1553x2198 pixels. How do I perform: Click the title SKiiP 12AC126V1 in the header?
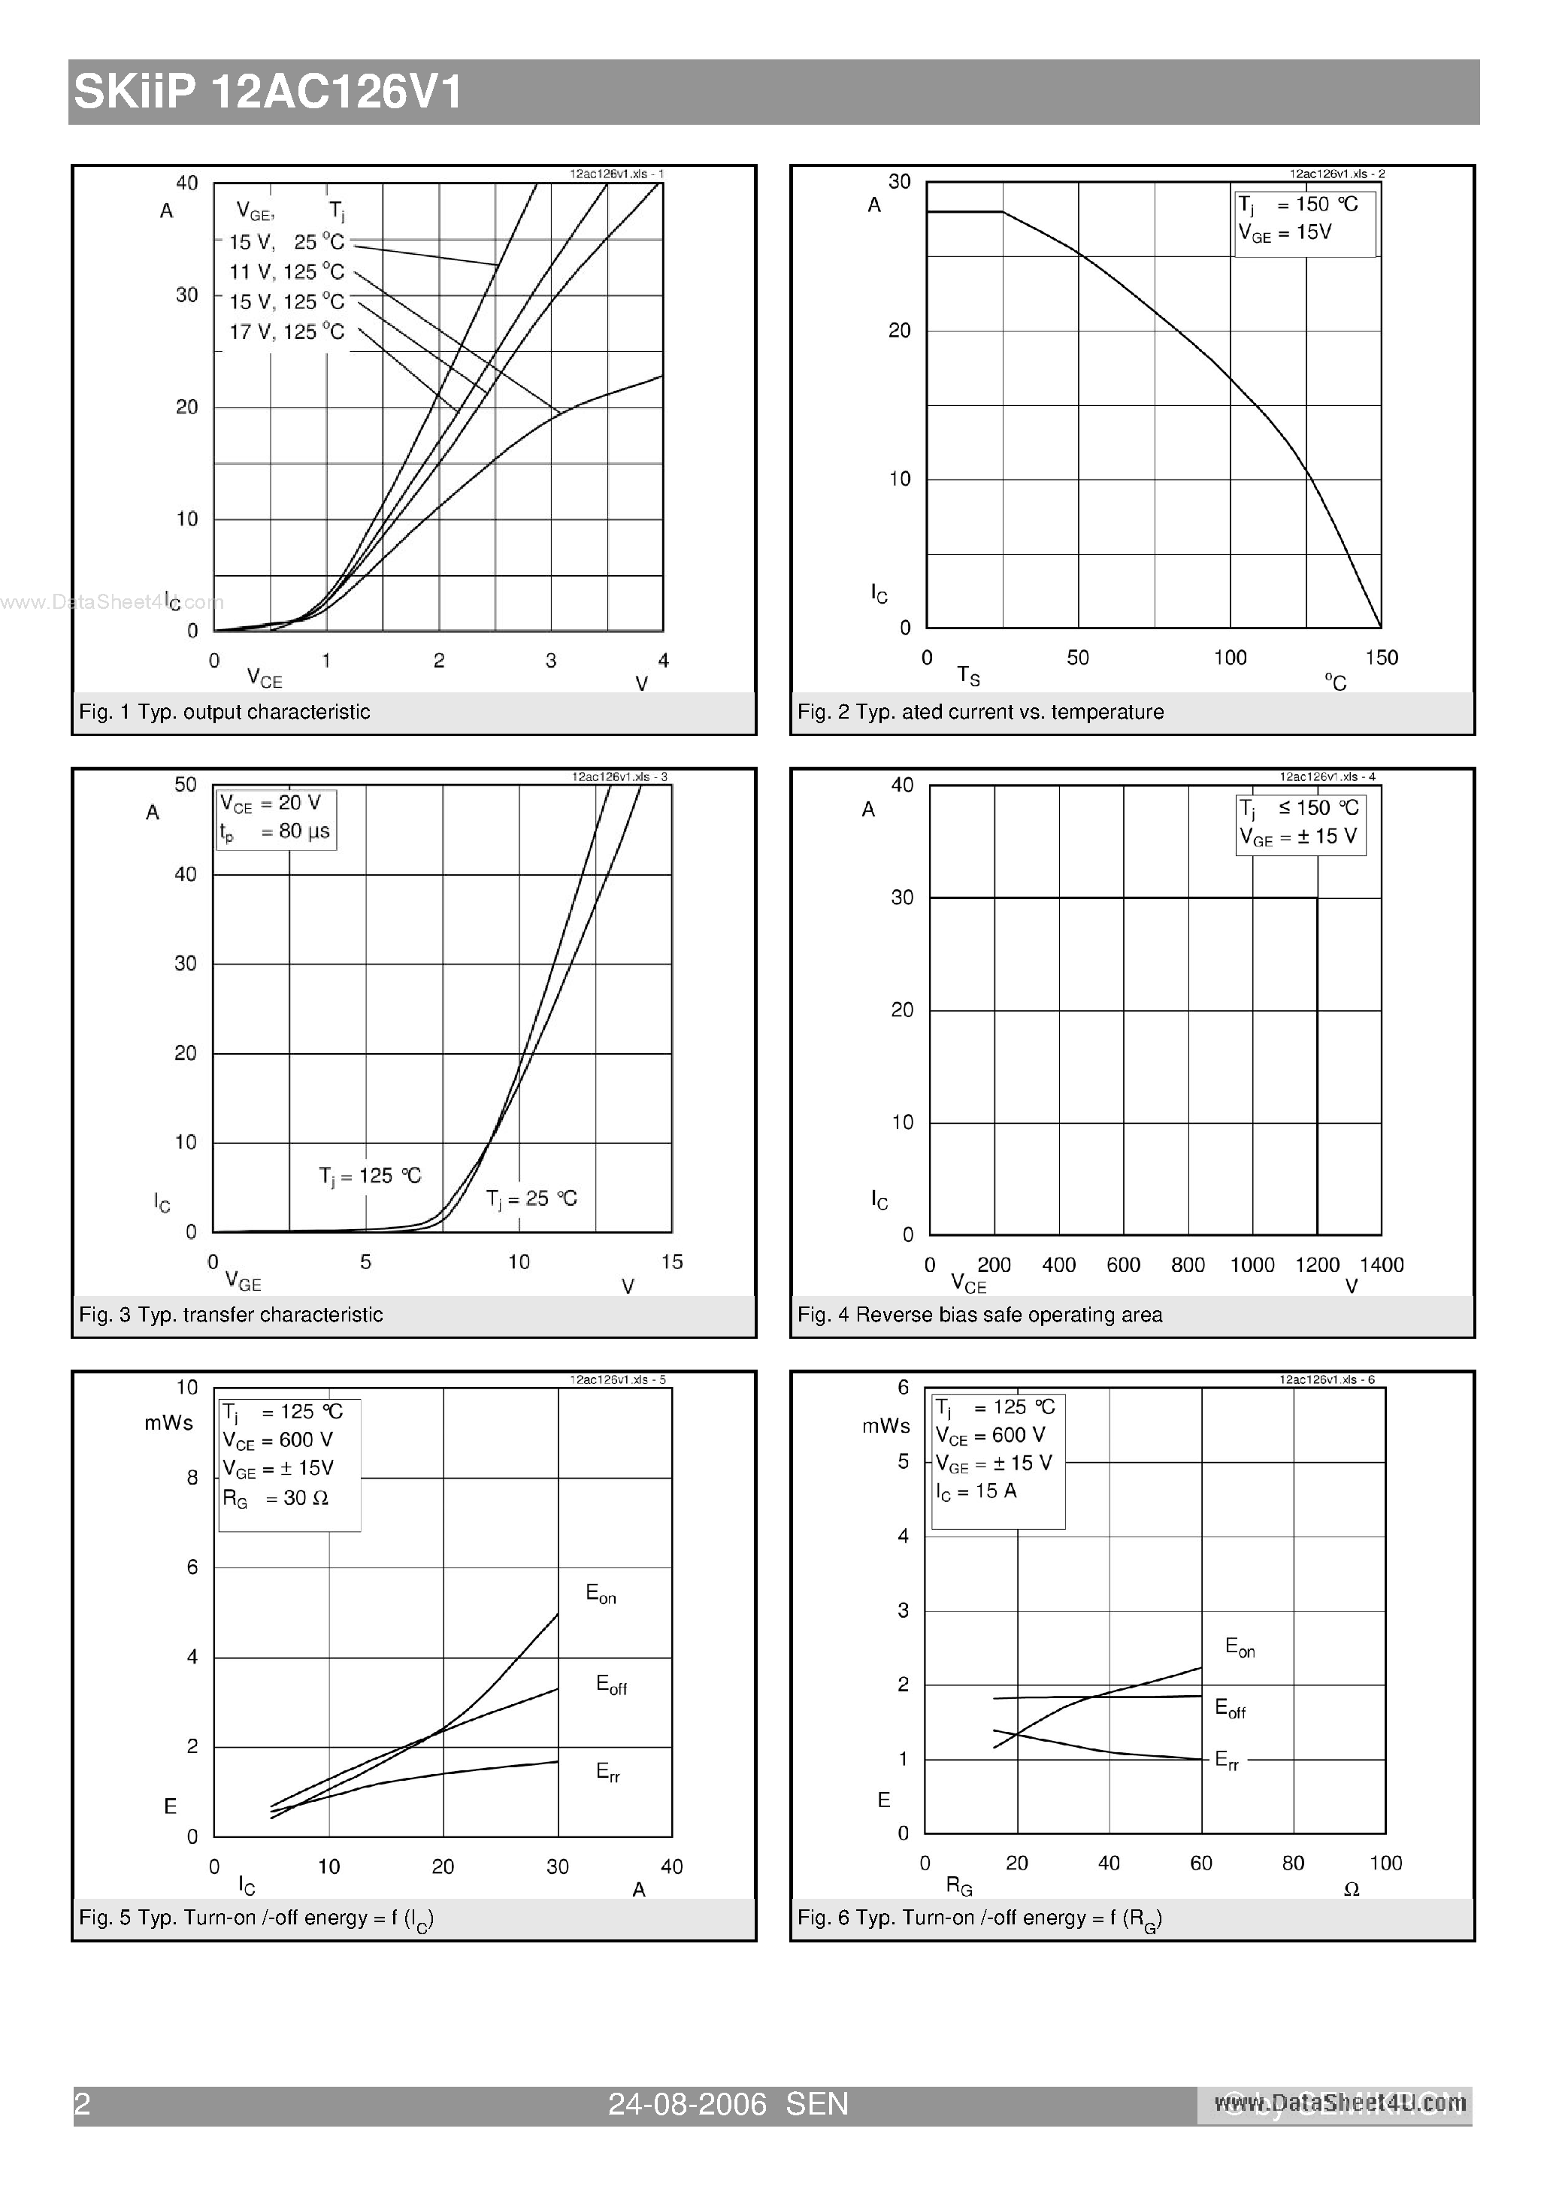tap(268, 93)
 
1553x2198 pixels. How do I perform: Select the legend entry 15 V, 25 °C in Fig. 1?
tap(286, 242)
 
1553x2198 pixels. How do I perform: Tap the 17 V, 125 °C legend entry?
tap(286, 332)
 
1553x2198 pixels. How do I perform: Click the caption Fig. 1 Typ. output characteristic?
tap(224, 712)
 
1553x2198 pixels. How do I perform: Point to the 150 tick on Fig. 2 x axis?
tap(1382, 658)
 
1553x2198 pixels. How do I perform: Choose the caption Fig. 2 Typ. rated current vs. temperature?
tap(980, 712)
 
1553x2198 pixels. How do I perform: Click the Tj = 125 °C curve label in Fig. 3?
tap(370, 1176)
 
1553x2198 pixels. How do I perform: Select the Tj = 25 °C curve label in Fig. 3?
tap(531, 1198)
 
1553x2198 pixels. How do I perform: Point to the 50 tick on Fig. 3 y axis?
tap(185, 785)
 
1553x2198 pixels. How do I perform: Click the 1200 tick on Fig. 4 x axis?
tap(1316, 1266)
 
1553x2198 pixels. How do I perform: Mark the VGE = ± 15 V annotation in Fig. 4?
tap(1298, 837)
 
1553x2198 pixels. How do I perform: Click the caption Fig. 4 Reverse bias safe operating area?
tap(979, 1315)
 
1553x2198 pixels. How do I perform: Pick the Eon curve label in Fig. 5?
tap(601, 1594)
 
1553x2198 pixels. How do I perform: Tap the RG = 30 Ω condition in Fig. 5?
tap(276, 1498)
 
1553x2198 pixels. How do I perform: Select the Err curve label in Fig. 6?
tap(1227, 1760)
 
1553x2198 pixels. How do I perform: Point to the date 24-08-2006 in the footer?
tap(688, 2104)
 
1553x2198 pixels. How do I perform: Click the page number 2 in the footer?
tap(83, 2104)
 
